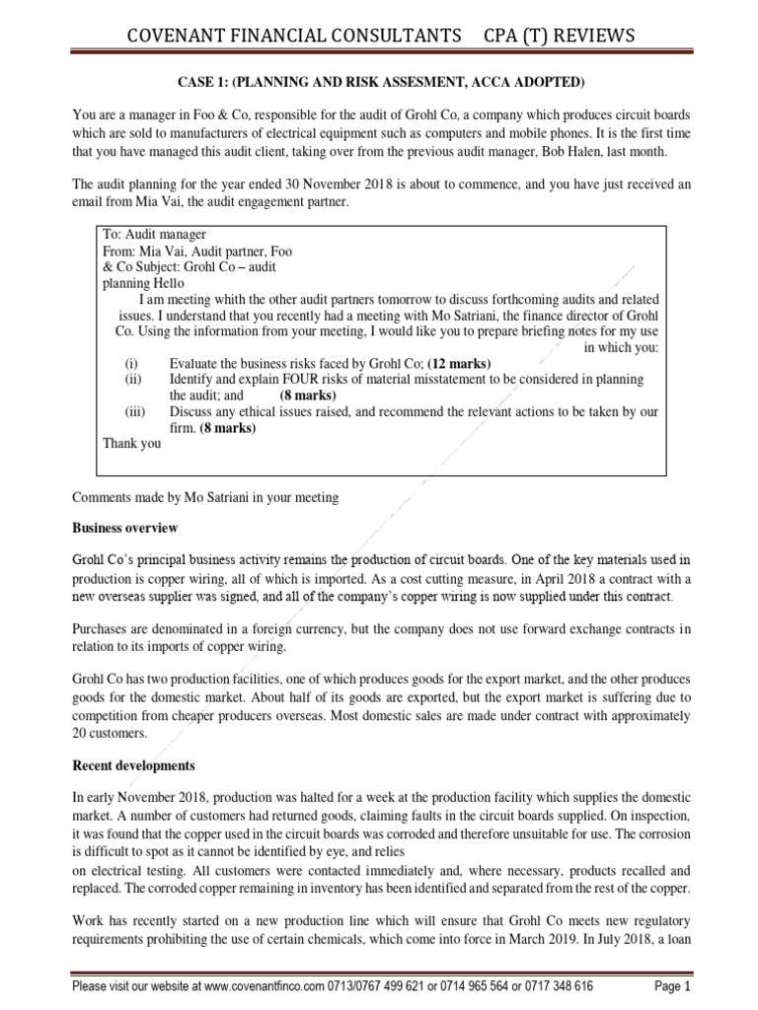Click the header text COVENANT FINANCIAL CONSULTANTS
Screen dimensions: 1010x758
293,36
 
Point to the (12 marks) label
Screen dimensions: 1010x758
459,363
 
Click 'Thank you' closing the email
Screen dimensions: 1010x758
131,443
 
